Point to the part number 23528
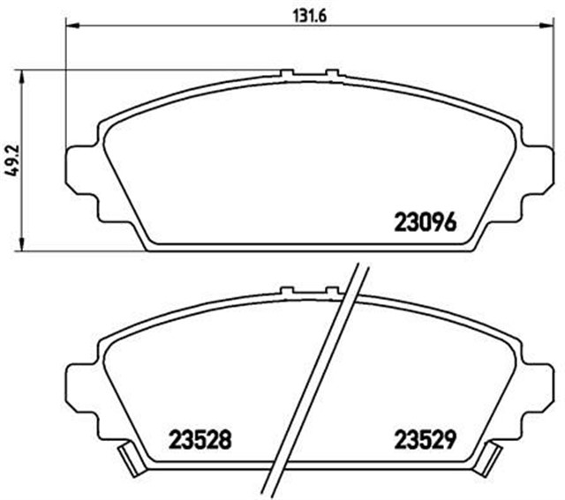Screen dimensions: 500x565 pos(200,437)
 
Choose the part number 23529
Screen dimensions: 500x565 pos(424,437)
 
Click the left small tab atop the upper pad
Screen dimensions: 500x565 pos(287,74)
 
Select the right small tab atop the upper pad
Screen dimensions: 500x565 pos(332,74)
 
